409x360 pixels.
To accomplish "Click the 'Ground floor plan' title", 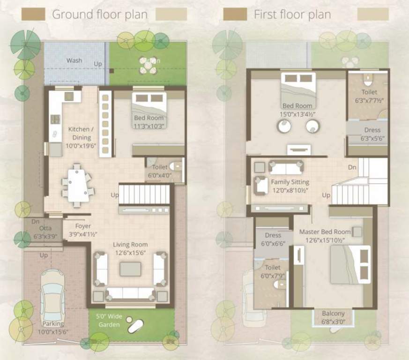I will (x=99, y=14).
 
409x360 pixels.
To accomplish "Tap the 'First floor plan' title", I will (x=292, y=14).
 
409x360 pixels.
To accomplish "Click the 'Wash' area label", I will (x=74, y=60).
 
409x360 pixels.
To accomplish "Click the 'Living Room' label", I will (x=130, y=244).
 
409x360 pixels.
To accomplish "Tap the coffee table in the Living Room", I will (x=130, y=269).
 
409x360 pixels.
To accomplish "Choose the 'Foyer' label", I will (x=83, y=226).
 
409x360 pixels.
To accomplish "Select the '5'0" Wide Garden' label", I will (x=109, y=321).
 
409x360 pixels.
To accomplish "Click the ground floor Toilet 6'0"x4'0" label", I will (x=160, y=171).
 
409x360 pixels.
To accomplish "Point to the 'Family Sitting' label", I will (x=290, y=182).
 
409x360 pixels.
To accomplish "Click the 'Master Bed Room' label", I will (x=325, y=232).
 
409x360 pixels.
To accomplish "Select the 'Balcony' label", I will (x=333, y=314).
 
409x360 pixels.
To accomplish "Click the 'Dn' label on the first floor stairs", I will (x=352, y=167).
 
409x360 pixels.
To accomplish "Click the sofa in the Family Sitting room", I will (x=286, y=167).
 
